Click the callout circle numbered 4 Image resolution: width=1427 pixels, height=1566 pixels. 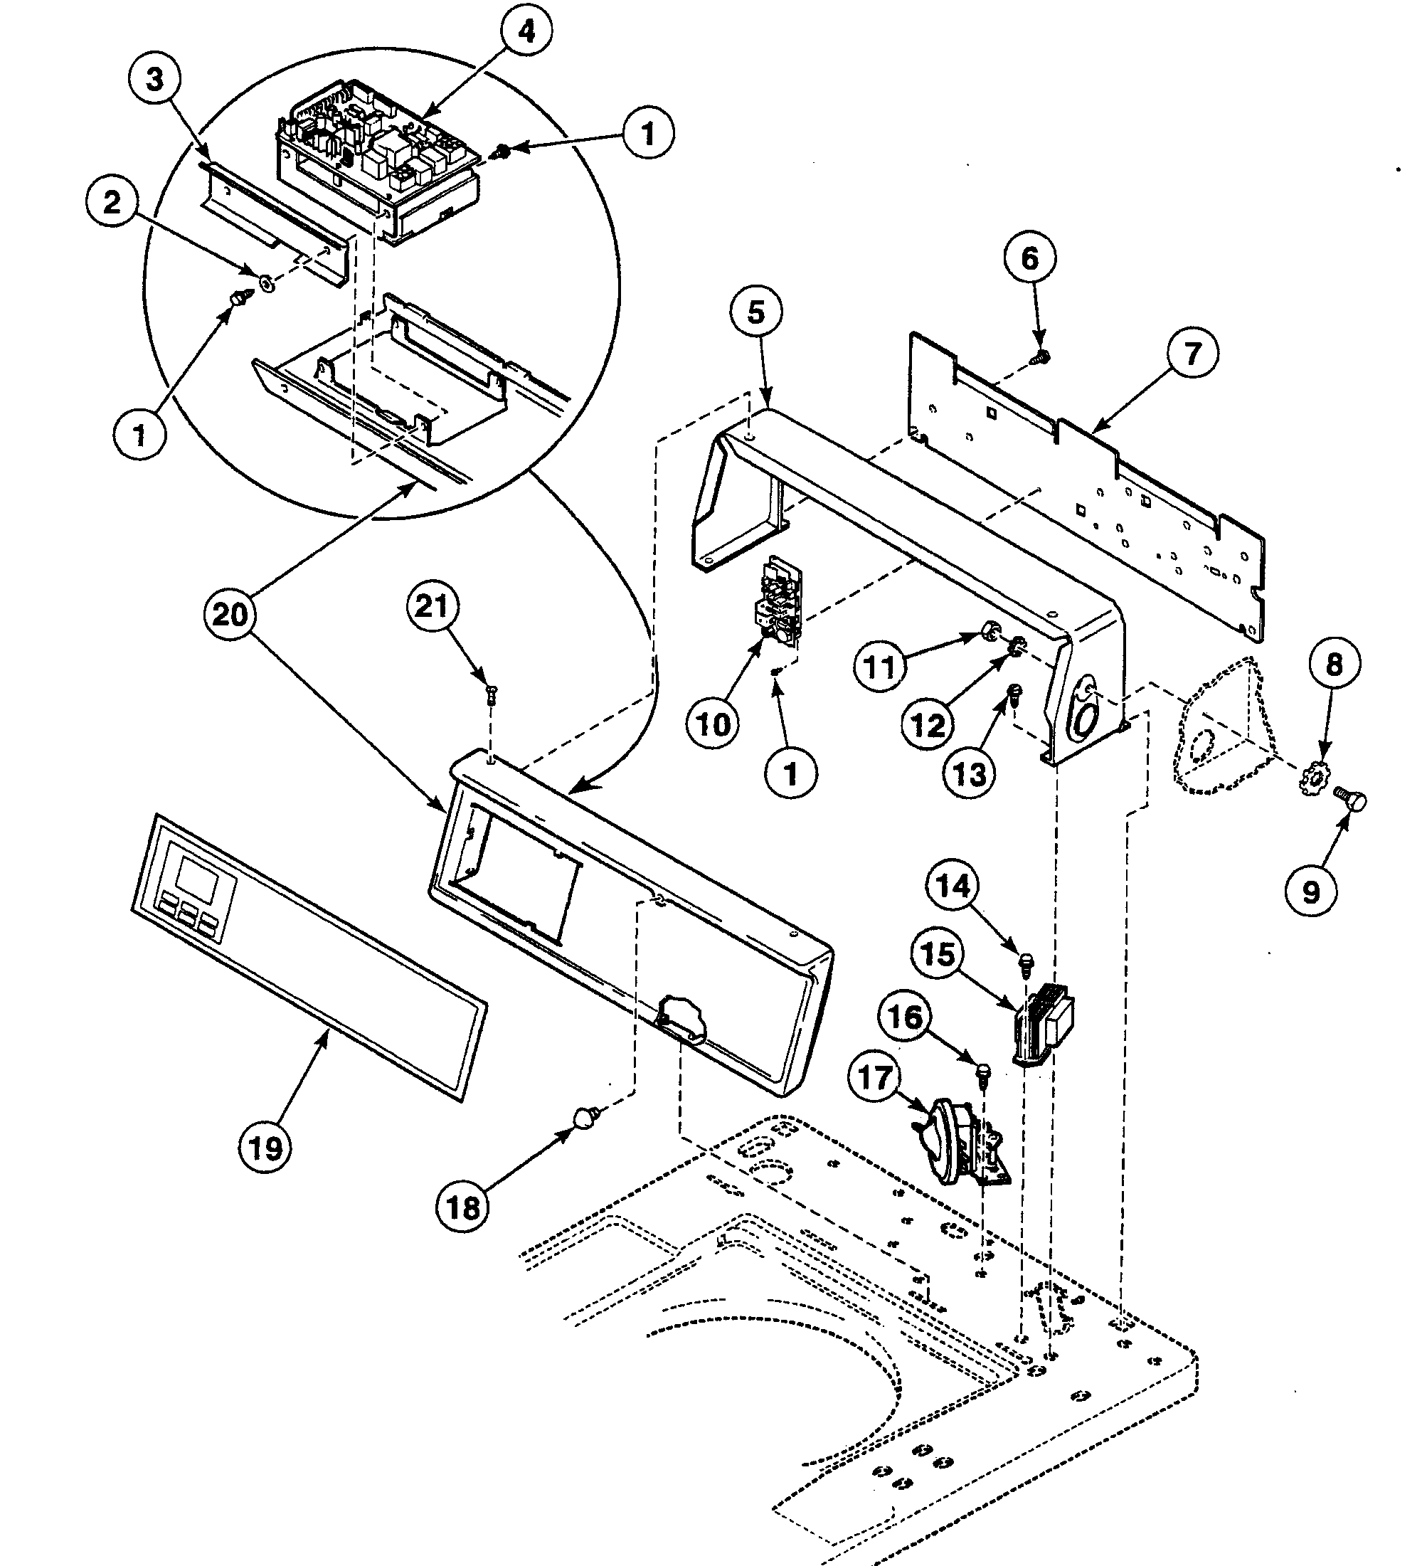point(526,32)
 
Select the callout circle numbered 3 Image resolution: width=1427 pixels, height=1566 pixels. point(154,79)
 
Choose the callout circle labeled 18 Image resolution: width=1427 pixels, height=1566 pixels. point(463,1207)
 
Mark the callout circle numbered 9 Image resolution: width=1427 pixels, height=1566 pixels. point(1310,892)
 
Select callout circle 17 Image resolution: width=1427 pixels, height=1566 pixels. point(876,1077)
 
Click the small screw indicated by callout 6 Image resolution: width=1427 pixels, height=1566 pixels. point(1040,356)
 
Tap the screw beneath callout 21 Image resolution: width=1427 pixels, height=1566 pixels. point(491,692)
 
